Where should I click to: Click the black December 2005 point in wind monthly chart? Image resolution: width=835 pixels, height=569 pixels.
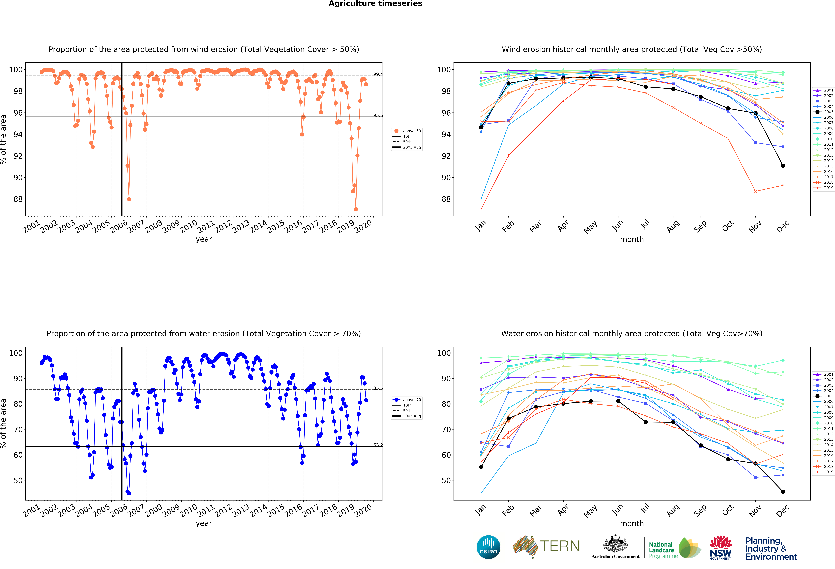(x=783, y=166)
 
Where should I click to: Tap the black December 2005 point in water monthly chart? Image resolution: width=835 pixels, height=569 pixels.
(x=783, y=491)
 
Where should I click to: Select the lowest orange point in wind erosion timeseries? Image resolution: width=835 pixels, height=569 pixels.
(x=356, y=209)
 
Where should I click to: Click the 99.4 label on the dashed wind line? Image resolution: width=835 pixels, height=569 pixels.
(x=378, y=74)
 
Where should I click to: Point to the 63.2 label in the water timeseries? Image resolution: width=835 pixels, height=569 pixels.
(x=378, y=445)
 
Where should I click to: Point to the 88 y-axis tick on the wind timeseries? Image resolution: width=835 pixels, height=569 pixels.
(x=18, y=199)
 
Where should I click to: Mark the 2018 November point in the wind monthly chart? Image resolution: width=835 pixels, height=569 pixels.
(x=756, y=191)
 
